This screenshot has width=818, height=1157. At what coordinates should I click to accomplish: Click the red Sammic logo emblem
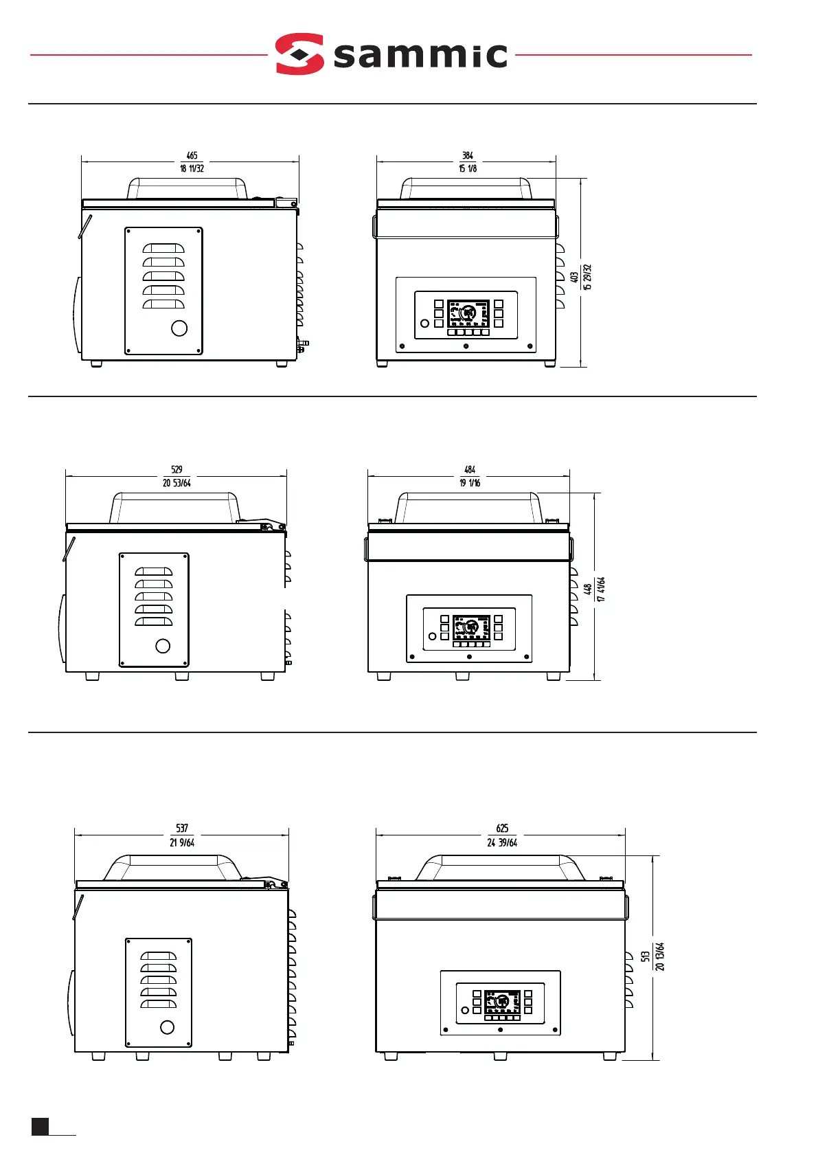[x=299, y=54]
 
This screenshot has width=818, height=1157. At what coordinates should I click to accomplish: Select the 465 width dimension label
[x=192, y=156]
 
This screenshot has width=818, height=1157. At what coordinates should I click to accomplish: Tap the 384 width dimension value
[x=468, y=156]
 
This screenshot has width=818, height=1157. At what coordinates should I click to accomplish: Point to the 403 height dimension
[x=574, y=277]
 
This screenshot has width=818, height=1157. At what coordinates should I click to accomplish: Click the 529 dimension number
[x=177, y=470]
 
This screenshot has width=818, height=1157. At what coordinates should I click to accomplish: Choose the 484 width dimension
[x=470, y=470]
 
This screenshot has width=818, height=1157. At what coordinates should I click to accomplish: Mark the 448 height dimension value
[x=588, y=589]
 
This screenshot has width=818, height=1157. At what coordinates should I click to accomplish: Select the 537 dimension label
[x=182, y=829]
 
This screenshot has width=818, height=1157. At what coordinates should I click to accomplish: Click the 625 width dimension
[x=502, y=829]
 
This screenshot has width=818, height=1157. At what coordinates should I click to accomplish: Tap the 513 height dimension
[x=646, y=956]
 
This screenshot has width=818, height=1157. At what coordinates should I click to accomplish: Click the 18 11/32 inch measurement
[x=192, y=169]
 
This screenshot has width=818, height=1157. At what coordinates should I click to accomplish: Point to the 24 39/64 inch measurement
[x=502, y=843]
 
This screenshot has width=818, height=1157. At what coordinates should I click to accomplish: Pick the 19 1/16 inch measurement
[x=470, y=483]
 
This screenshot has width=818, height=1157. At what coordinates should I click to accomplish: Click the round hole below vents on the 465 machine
[x=179, y=328]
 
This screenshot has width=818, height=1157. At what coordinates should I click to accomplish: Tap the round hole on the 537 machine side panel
[x=167, y=1028]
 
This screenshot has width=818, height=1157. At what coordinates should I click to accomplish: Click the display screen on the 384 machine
[x=468, y=313]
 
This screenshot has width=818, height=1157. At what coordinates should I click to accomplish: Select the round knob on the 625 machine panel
[x=465, y=1010]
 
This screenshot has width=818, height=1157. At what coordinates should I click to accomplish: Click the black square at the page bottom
[x=40, y=1125]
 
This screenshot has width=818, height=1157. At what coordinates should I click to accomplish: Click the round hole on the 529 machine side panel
[x=163, y=646]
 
